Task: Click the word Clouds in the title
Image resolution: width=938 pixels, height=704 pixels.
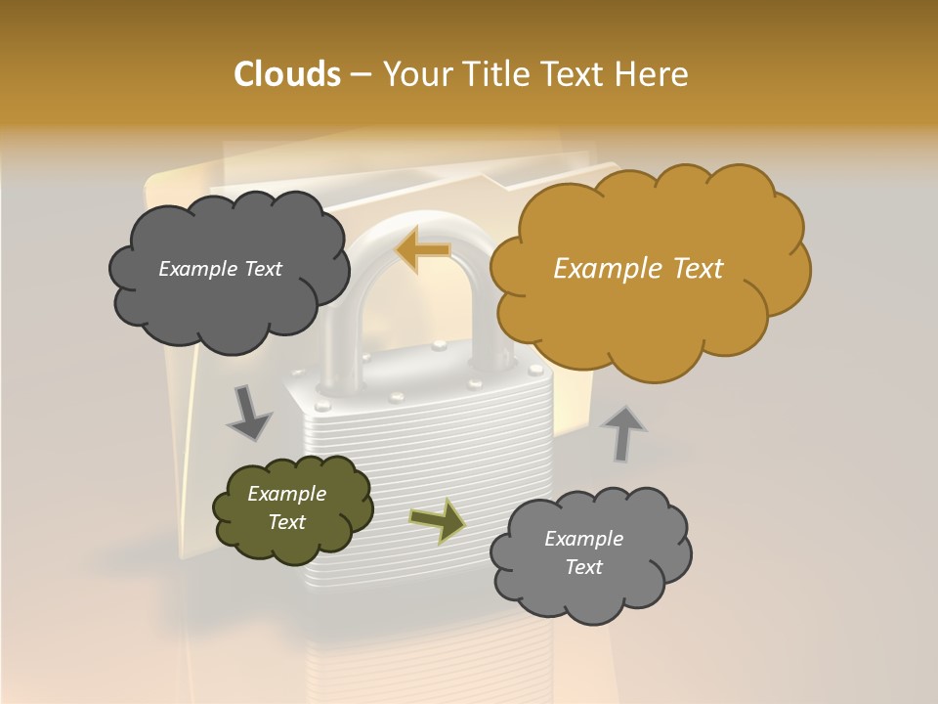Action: [287, 74]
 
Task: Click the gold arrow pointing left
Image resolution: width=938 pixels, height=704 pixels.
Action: [422, 249]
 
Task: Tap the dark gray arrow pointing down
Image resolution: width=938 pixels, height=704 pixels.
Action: [248, 413]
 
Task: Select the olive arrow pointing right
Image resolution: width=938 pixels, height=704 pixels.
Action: [438, 521]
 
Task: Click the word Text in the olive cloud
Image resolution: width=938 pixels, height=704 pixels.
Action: [287, 522]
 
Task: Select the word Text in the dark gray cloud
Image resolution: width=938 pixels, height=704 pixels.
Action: [262, 269]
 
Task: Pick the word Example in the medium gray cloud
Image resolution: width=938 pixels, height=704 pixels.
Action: [583, 539]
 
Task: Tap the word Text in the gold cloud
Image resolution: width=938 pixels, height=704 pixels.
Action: [696, 269]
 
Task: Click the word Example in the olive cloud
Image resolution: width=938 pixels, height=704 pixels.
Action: [286, 494]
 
